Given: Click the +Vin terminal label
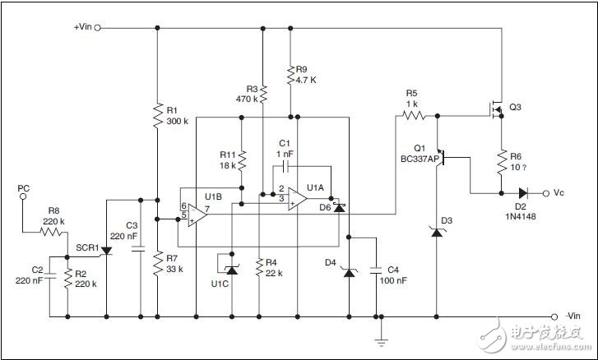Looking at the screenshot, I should (x=83, y=27).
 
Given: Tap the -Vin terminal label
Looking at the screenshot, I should (x=574, y=316).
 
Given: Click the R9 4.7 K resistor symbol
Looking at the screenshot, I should (x=290, y=76).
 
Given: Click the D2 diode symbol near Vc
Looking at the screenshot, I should (x=523, y=194).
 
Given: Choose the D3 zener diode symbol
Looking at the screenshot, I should (x=436, y=233).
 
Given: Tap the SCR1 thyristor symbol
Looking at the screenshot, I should (x=106, y=251).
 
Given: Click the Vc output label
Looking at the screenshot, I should (x=559, y=193).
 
